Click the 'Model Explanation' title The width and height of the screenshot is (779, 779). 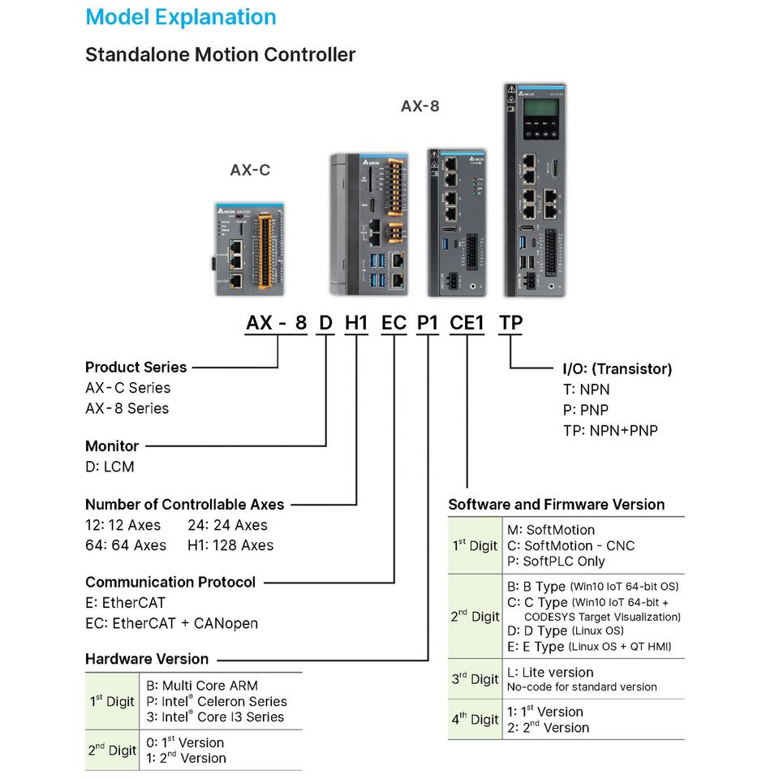coord(181,17)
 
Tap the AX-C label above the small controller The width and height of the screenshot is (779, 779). coord(250,170)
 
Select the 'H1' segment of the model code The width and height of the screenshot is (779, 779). coord(356,323)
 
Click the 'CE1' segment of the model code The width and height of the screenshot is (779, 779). coord(467,323)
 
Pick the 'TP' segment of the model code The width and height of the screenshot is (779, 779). coord(510,323)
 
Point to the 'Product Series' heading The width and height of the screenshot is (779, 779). coord(136,367)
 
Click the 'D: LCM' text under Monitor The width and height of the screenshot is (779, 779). coord(110,467)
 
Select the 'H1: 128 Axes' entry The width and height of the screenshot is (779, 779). coord(230,545)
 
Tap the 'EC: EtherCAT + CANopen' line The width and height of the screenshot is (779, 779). coord(172,623)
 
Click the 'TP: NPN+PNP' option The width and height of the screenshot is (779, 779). coord(610,431)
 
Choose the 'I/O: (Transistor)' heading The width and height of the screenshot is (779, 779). coord(618,369)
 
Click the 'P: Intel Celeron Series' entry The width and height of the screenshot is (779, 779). coord(217,701)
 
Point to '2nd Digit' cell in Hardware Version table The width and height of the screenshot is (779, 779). coord(112,750)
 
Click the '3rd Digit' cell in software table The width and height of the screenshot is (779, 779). coord(475,678)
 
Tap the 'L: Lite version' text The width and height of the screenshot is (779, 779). coord(550,673)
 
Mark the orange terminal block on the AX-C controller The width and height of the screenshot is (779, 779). coord(264,252)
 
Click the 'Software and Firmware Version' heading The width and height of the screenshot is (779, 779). coord(557,505)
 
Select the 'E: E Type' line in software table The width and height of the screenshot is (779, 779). coord(589,647)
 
